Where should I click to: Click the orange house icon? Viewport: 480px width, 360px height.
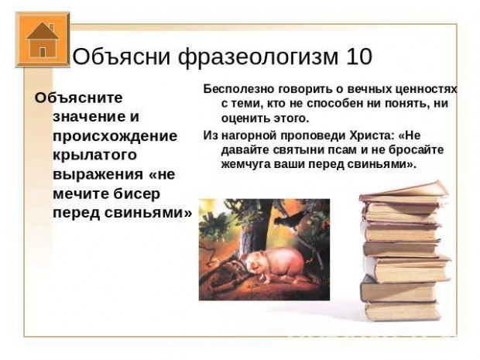click(43, 39)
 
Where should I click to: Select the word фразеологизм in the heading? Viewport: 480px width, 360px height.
click(259, 58)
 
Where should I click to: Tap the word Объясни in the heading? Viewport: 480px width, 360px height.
click(122, 57)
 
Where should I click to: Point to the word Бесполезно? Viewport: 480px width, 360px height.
click(238, 89)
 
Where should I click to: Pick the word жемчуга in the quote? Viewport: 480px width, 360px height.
click(245, 165)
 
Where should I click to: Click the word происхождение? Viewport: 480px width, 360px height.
click(115, 136)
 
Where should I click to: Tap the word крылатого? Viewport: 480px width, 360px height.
click(94, 155)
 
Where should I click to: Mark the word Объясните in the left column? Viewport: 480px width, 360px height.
click(79, 98)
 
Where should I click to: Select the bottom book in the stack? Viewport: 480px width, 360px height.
click(403, 310)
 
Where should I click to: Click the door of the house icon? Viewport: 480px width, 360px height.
click(43, 53)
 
